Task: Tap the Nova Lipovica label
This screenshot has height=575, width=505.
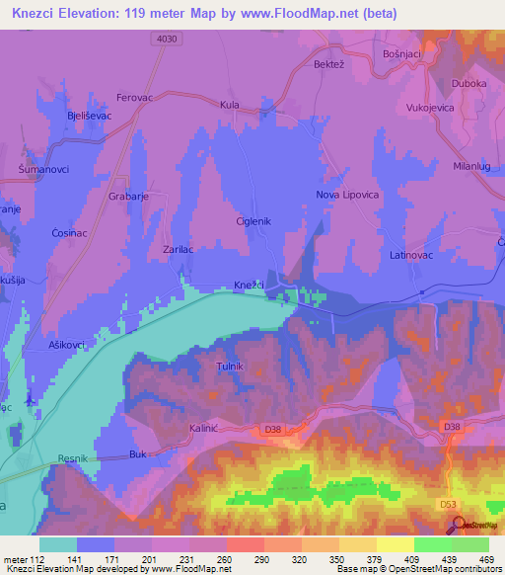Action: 346,195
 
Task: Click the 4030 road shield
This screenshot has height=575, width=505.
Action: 170,39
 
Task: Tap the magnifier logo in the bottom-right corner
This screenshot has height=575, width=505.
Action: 461,526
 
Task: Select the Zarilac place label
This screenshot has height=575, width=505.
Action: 180,251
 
